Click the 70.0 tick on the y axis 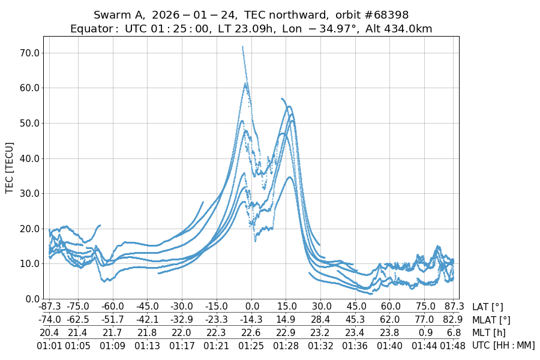(29, 53)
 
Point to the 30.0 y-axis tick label (29, 193)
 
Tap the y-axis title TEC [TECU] (9, 168)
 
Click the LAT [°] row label (488, 307)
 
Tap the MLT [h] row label (489, 333)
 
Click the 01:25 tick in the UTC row (252, 346)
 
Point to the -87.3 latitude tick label (49, 307)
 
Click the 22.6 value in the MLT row (252, 333)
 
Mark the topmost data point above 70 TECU (242, 46)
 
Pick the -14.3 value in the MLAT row (252, 320)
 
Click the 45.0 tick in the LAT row (355, 307)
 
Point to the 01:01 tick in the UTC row (49, 346)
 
